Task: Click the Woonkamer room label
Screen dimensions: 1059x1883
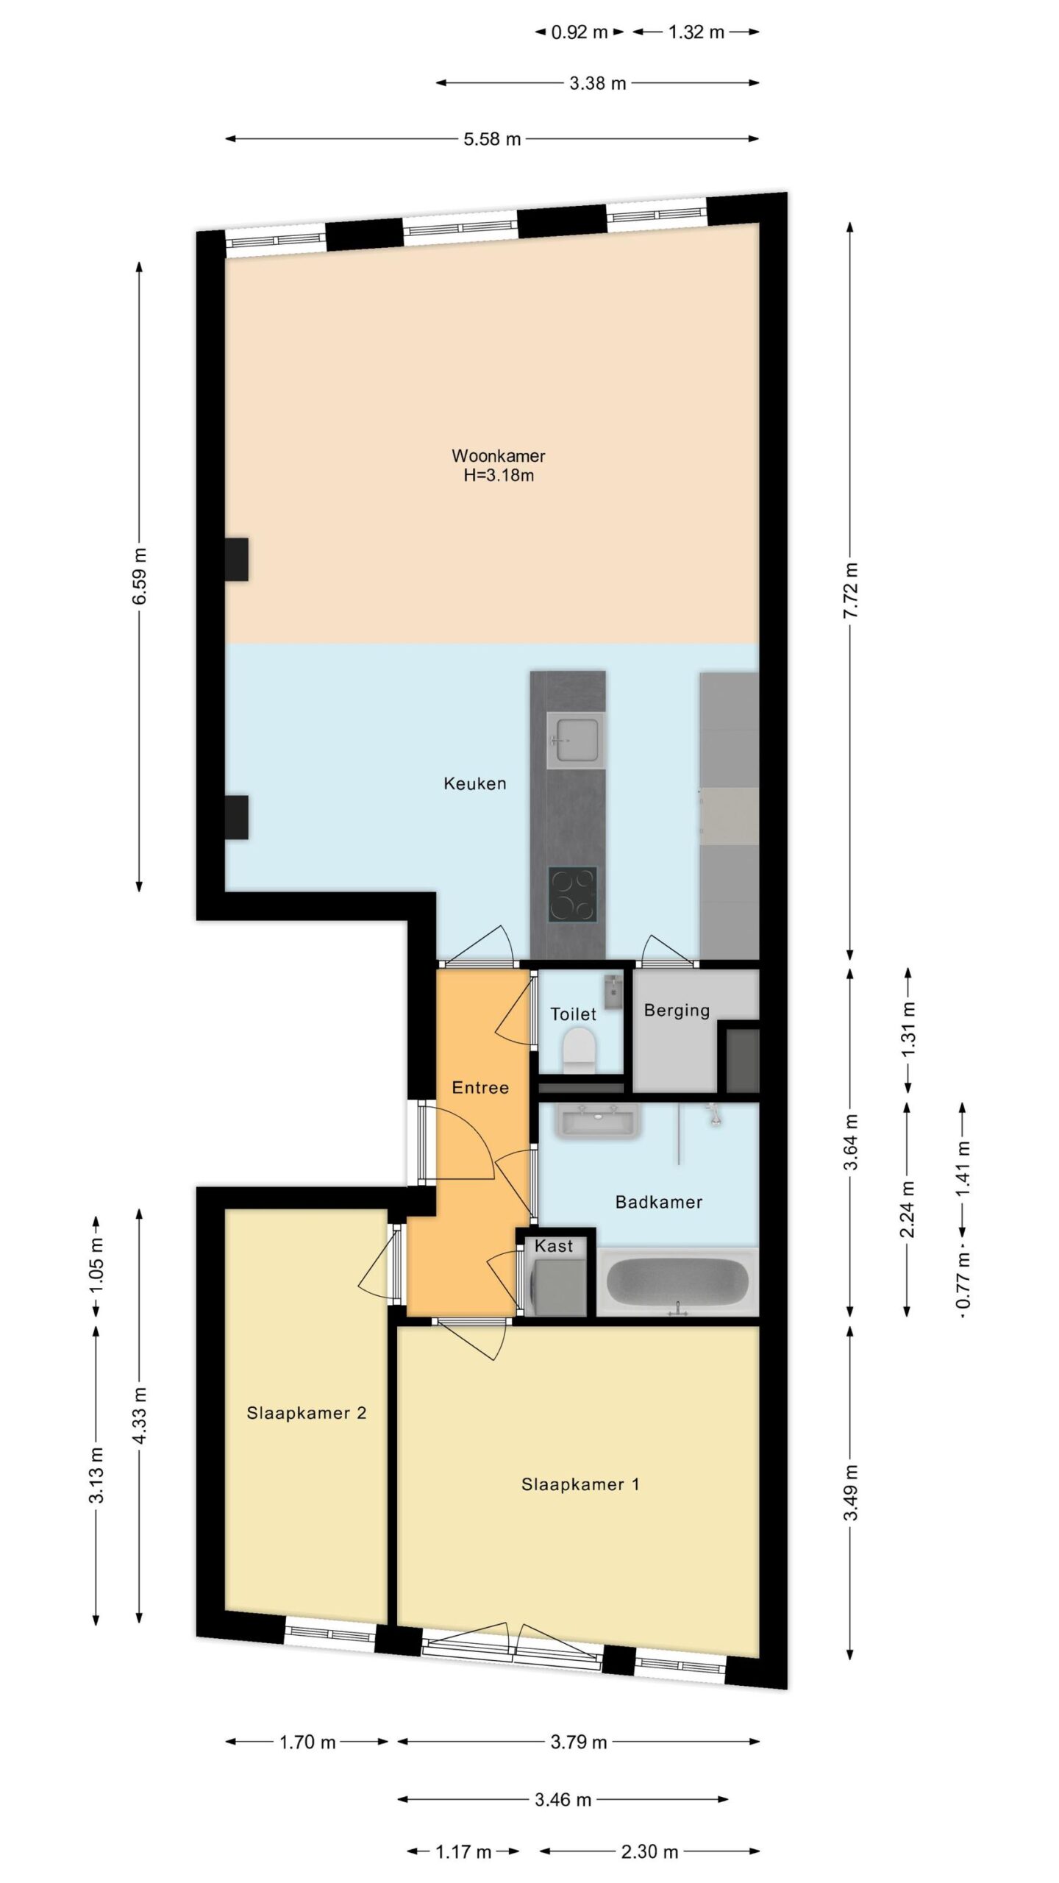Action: [x=498, y=456]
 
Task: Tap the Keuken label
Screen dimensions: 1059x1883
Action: [x=475, y=783]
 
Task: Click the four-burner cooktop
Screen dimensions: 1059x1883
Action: [x=572, y=894]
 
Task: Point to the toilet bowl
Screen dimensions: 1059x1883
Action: [x=578, y=1050]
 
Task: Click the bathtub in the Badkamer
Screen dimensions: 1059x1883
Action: [x=677, y=1281]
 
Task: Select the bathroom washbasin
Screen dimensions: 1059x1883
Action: [x=599, y=1122]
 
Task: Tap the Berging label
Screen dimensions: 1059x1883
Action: [x=677, y=1011]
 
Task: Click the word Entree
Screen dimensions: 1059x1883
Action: [x=480, y=1087]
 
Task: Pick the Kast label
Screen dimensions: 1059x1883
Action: [x=554, y=1246]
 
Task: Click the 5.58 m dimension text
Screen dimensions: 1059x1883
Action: [x=492, y=139]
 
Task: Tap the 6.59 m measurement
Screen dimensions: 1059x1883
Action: [x=140, y=576]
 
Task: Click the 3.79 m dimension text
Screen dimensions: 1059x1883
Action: [x=579, y=1742]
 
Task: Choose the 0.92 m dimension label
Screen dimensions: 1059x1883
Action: [x=580, y=32]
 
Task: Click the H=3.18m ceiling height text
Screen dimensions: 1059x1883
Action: [x=499, y=475]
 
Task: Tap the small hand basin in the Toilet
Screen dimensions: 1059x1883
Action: [x=613, y=992]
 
